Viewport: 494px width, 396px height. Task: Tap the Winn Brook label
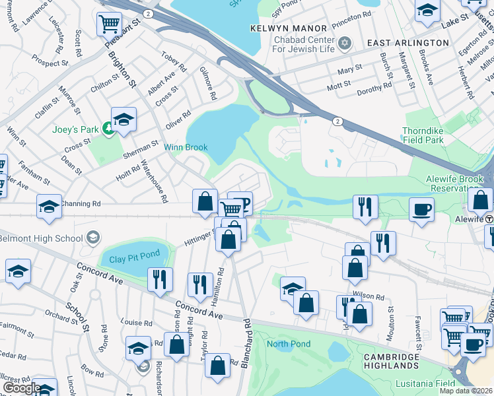[x=186, y=148]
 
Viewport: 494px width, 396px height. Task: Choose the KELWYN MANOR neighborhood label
[x=289, y=28]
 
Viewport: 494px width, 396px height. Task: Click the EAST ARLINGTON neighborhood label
[x=407, y=42]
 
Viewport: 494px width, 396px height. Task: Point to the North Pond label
[x=289, y=344]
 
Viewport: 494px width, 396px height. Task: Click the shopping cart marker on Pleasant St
[x=109, y=24]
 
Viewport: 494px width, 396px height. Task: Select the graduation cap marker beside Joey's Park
[x=123, y=119]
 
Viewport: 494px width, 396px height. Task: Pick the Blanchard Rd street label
[x=248, y=343]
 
